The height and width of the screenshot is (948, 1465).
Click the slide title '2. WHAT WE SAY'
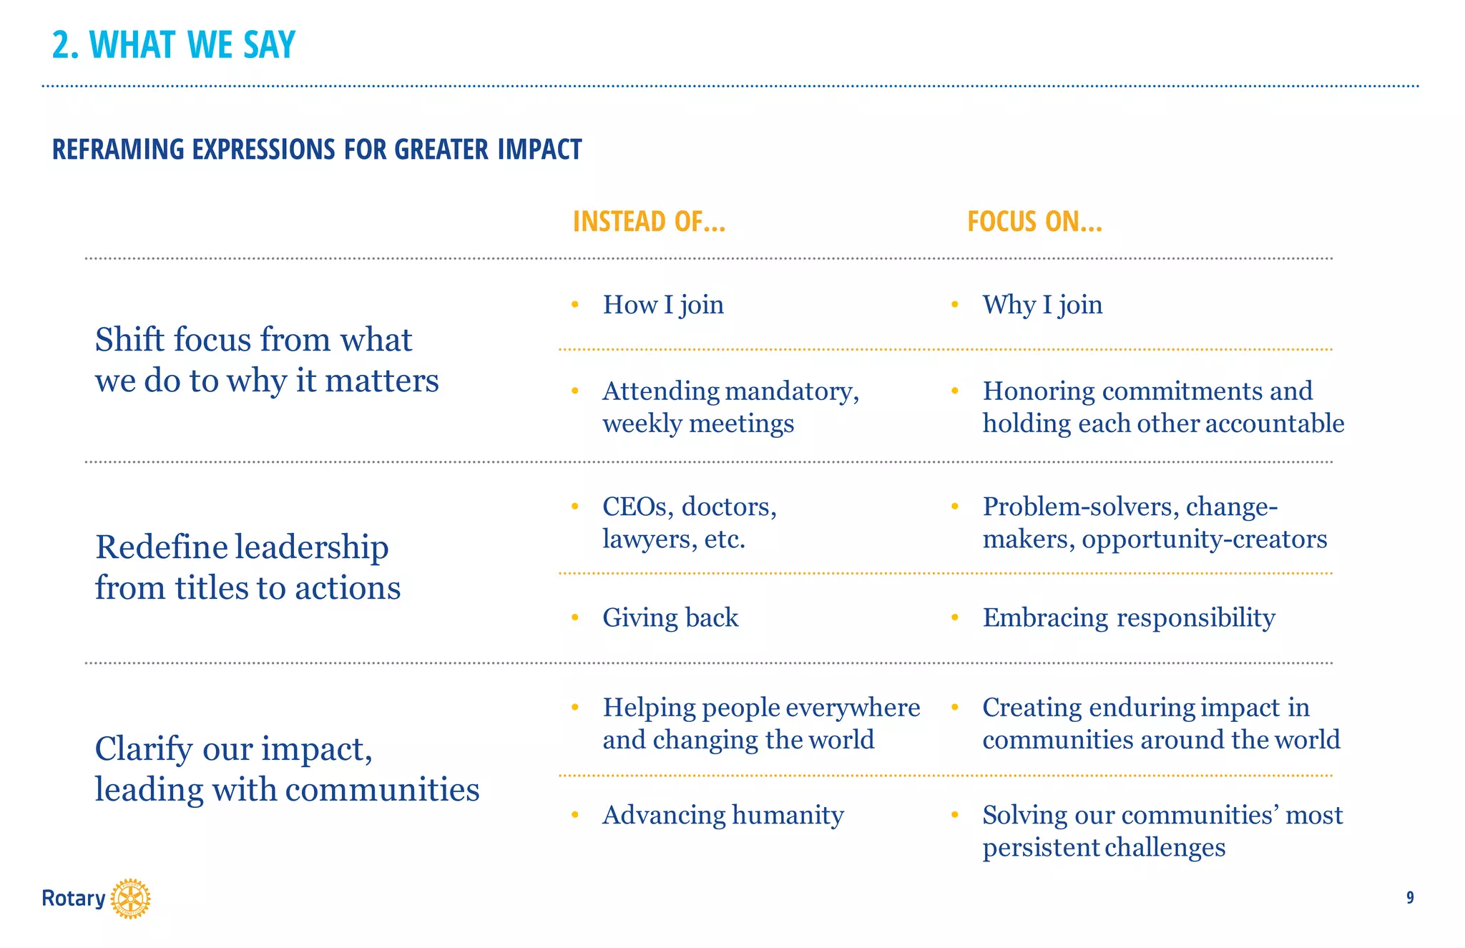tap(174, 44)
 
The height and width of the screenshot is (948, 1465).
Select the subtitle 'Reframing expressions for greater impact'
tap(317, 150)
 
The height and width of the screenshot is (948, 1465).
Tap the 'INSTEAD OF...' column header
tap(649, 222)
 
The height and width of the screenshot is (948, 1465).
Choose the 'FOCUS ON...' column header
tap(1034, 222)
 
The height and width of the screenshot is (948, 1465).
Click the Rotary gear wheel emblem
tap(130, 899)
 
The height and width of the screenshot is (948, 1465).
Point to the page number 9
tap(1410, 898)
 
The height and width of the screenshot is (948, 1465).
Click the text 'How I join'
tap(663, 305)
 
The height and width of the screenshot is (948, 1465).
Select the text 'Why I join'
tap(1042, 305)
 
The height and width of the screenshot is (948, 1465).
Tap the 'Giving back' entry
tap(670, 617)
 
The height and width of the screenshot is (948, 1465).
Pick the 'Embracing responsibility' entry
tap(1129, 617)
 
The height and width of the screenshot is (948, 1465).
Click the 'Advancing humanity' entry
tap(723, 815)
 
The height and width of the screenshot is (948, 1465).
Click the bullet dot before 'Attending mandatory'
tap(575, 391)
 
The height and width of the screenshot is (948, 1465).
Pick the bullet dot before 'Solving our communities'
tap(954, 815)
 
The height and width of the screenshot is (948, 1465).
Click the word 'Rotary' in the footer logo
tap(73, 899)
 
